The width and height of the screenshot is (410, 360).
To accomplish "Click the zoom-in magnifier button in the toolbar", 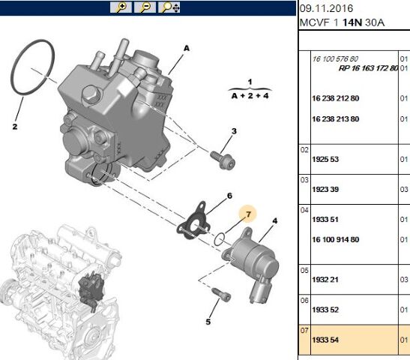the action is (x=121, y=7).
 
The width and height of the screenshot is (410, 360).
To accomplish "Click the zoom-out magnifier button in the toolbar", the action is (x=145, y=7).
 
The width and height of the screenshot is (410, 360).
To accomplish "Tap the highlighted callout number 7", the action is (x=248, y=214).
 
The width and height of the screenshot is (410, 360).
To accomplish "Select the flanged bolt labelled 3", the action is (x=223, y=159).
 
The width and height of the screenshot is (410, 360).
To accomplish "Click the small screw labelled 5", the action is (x=222, y=294).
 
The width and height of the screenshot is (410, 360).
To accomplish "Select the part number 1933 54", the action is (x=325, y=340).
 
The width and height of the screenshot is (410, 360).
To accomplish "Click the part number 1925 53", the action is (x=325, y=159).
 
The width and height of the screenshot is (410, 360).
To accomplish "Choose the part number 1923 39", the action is (x=325, y=189).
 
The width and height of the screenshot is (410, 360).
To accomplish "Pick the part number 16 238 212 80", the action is (x=336, y=98).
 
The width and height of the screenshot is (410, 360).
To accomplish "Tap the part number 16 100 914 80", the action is (x=336, y=239).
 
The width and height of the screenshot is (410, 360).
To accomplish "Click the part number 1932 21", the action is (x=325, y=280).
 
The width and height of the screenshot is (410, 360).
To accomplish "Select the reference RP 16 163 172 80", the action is (x=369, y=68).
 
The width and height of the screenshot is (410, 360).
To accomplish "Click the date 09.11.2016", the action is (x=326, y=8).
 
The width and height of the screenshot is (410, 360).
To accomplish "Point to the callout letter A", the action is (x=187, y=48).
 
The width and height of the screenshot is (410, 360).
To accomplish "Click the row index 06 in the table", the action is (x=304, y=300).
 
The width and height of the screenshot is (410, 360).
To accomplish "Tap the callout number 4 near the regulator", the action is (x=275, y=221).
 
